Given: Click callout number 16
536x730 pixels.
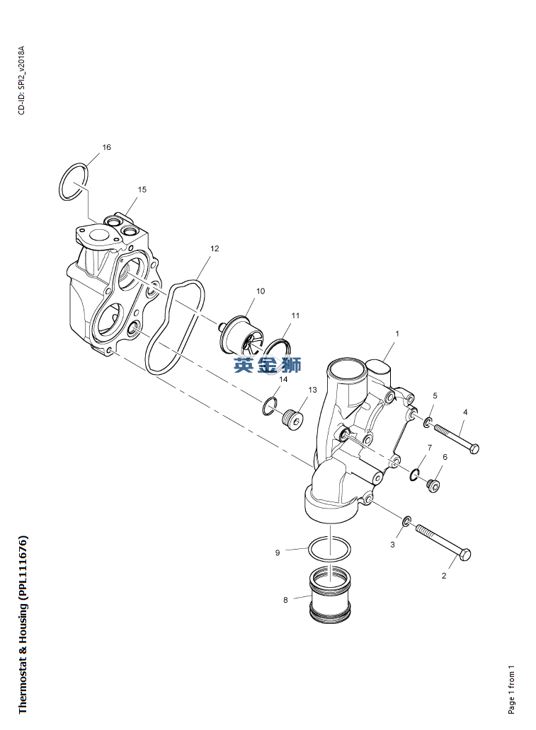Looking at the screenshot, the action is pos(107,147).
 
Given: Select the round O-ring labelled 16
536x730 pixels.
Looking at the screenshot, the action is pos(61,182).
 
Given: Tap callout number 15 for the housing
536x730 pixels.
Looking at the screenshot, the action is pos(142,190).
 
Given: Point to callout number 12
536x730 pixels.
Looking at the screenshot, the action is pos(215,248).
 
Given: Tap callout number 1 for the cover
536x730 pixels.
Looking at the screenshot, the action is pos(397,334).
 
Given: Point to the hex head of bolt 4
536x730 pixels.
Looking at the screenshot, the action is pos(474,448).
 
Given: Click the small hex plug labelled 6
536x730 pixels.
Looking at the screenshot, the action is pos(433,487).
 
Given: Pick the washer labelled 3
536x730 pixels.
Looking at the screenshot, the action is pos(406,521).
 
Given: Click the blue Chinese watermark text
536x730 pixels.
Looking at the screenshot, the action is pos(268,365).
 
